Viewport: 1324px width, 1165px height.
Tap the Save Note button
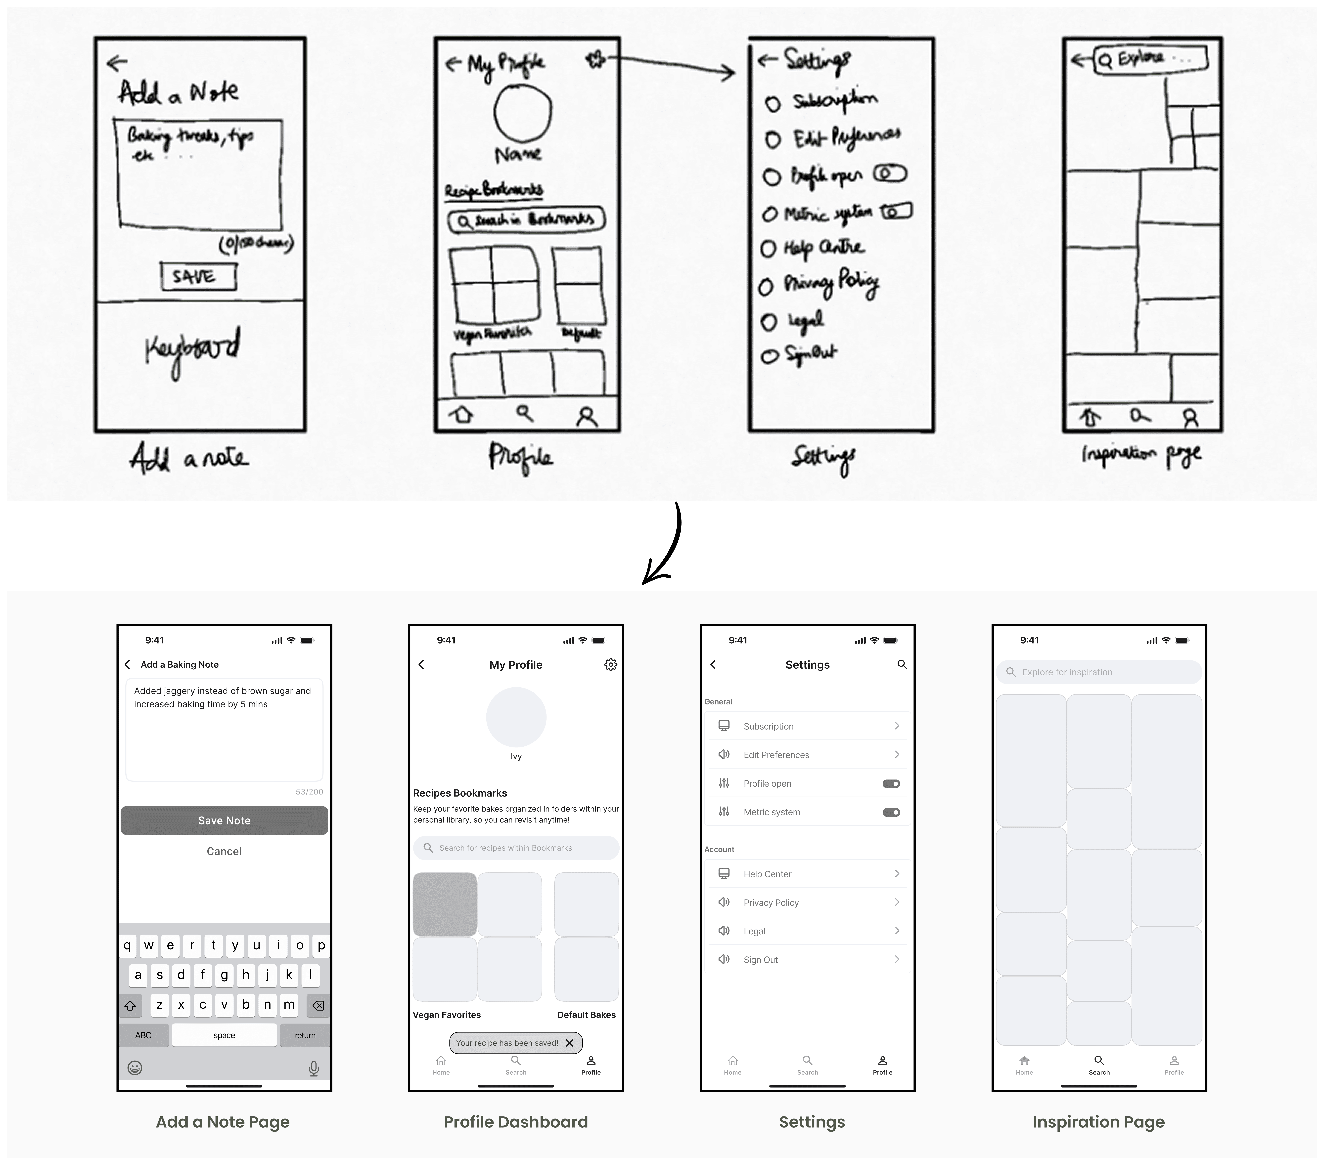pos(224,820)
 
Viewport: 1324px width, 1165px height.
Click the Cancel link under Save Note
pos(224,851)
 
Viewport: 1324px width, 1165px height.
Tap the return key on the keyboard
pos(304,1035)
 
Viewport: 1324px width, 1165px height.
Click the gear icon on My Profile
pos(610,664)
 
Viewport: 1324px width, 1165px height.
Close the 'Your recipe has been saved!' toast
pos(569,1043)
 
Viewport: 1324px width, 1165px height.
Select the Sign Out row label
pos(760,960)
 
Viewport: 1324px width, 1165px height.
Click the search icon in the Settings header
pos(902,664)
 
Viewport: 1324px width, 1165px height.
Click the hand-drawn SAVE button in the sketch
pos(198,277)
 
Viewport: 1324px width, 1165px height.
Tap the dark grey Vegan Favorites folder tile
pos(445,904)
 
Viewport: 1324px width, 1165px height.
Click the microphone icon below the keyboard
pos(314,1068)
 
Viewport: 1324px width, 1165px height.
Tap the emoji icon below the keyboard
pos(135,1068)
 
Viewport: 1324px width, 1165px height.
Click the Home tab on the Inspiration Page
pos(1024,1064)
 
